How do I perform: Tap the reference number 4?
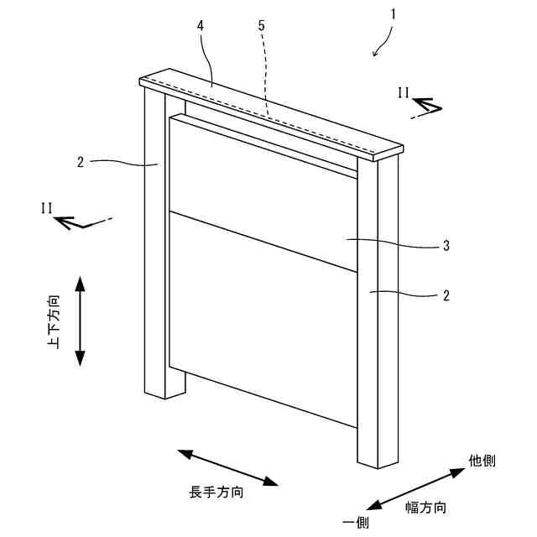point(201,25)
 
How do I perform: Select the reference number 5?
point(261,25)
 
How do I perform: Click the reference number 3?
point(446,246)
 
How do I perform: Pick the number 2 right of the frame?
point(446,295)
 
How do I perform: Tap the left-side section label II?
point(46,206)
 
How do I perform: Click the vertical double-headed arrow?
point(81,321)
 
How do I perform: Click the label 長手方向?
point(216,493)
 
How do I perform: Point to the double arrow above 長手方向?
point(227,467)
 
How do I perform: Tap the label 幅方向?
point(425,507)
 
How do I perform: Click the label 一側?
point(355,522)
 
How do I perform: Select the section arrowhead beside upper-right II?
point(426,107)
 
